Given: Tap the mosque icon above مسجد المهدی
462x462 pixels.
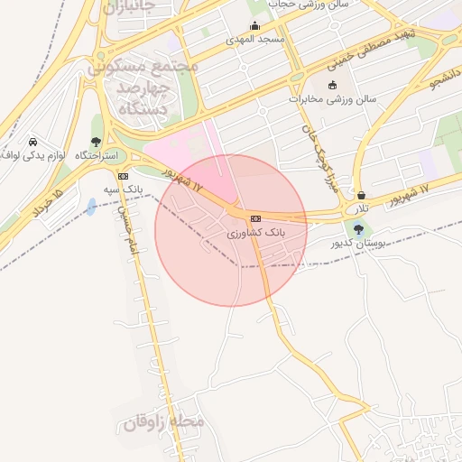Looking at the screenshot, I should tap(255, 26).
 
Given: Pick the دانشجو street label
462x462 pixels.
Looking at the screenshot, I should tap(446, 83).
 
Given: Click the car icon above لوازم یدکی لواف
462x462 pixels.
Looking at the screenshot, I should tap(33, 143).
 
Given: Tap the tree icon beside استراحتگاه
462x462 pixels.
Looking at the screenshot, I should tap(96, 142).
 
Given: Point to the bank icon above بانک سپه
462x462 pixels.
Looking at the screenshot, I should tap(124, 176).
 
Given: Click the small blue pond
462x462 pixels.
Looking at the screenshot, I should tap(92, 207).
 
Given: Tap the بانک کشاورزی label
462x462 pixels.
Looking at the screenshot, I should tap(256, 232).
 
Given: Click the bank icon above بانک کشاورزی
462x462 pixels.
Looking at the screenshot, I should tap(256, 218).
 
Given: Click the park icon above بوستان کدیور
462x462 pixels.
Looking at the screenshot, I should tap(360, 229).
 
